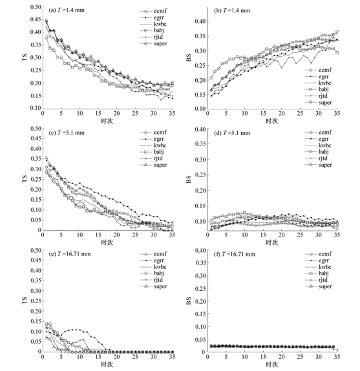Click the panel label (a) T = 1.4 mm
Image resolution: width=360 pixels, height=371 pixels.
tap(67, 10)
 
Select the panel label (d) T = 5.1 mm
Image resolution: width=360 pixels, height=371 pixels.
tap(232, 133)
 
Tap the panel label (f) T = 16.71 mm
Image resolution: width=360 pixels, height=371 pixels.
tap(235, 255)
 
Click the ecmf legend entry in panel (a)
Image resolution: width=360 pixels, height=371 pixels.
tap(153, 11)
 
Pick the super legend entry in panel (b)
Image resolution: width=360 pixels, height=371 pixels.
tap(318, 103)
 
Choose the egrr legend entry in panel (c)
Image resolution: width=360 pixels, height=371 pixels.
tap(152, 139)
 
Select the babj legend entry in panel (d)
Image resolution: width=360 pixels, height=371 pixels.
tap(317, 152)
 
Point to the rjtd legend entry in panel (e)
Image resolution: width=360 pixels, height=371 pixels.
tap(151, 280)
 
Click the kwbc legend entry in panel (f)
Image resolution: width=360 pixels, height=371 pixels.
tap(318, 267)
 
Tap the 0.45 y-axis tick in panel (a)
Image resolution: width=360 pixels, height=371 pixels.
tap(36, 19)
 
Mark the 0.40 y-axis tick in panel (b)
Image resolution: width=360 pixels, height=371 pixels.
tap(200, 21)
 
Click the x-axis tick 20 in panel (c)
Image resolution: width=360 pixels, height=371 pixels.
tap(116, 235)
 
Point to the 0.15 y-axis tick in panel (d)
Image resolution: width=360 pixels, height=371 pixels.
tap(200, 206)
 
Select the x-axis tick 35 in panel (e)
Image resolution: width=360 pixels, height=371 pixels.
tap(172, 356)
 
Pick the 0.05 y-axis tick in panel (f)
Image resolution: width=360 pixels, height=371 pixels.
tap(200, 340)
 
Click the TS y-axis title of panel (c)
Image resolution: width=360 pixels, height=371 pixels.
tap(25, 179)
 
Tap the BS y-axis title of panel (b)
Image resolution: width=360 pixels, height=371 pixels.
tap(189, 58)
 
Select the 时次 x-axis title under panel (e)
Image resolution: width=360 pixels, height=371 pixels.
tap(107, 364)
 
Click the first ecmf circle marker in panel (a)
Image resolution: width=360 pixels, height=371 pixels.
tap(47, 21)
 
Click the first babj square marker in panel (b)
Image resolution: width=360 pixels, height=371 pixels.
tap(211, 78)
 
